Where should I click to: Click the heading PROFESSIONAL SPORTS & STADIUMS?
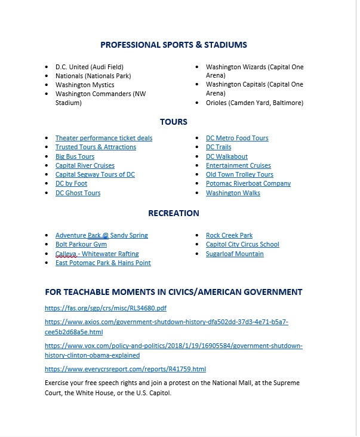pyautogui.click(x=173, y=45)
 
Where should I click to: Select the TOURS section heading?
pyautogui.click(x=173, y=122)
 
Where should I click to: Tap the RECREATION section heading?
pyautogui.click(x=173, y=213)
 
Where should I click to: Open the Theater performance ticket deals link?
pyautogui.click(x=104, y=138)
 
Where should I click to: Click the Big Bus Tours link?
pyautogui.click(x=75, y=156)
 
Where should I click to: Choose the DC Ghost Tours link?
pyautogui.click(x=78, y=193)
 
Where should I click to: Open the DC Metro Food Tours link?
pyautogui.click(x=237, y=138)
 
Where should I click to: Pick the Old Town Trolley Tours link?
pyautogui.click(x=239, y=174)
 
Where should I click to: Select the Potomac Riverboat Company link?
pyautogui.click(x=248, y=183)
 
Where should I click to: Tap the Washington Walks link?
pyautogui.click(x=233, y=193)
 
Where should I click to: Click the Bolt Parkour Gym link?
pyautogui.click(x=81, y=244)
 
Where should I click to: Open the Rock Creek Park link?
pyautogui.click(x=229, y=235)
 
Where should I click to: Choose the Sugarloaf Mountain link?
pyautogui.click(x=235, y=254)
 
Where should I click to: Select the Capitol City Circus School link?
pyautogui.click(x=242, y=244)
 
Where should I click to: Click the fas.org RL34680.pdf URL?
pyautogui.click(x=106, y=309)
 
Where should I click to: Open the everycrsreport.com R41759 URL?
pyautogui.click(x=125, y=370)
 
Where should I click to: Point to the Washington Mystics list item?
pyautogui.click(x=82, y=85)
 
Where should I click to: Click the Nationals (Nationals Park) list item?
pyautogui.click(x=93, y=76)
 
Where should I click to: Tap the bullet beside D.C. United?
pyautogui.click(x=47, y=67)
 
